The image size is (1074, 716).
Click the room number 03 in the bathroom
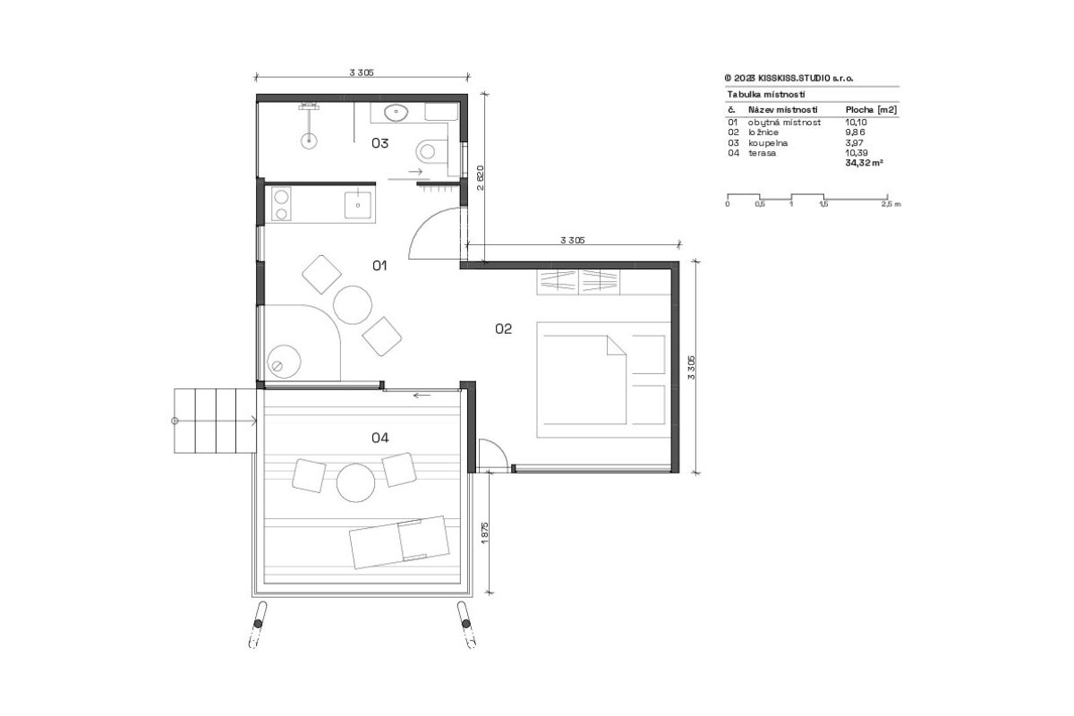coord(379,143)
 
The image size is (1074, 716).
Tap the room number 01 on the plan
coord(379,265)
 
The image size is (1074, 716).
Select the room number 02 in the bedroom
coord(503,328)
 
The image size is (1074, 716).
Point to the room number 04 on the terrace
coord(380,438)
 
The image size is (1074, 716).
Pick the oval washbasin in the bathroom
coord(396,113)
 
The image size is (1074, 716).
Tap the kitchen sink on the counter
coord(358,205)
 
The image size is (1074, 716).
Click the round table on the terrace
coord(356,482)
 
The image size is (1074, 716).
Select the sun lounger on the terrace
coord(399,541)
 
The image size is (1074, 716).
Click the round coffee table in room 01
coord(353,305)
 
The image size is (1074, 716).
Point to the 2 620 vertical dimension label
coord(481,178)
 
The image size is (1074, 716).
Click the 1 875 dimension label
coord(484,533)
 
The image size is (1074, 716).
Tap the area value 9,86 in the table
coord(857,132)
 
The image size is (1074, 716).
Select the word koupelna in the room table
coord(768,143)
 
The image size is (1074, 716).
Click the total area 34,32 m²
coord(864,163)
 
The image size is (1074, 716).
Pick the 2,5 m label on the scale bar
coord(891,204)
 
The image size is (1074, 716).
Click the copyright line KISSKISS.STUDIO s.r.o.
coord(789,78)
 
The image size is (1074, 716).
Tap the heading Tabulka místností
coord(766,95)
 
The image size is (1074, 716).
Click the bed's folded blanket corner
coord(616,345)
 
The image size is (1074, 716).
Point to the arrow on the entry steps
coord(215,421)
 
